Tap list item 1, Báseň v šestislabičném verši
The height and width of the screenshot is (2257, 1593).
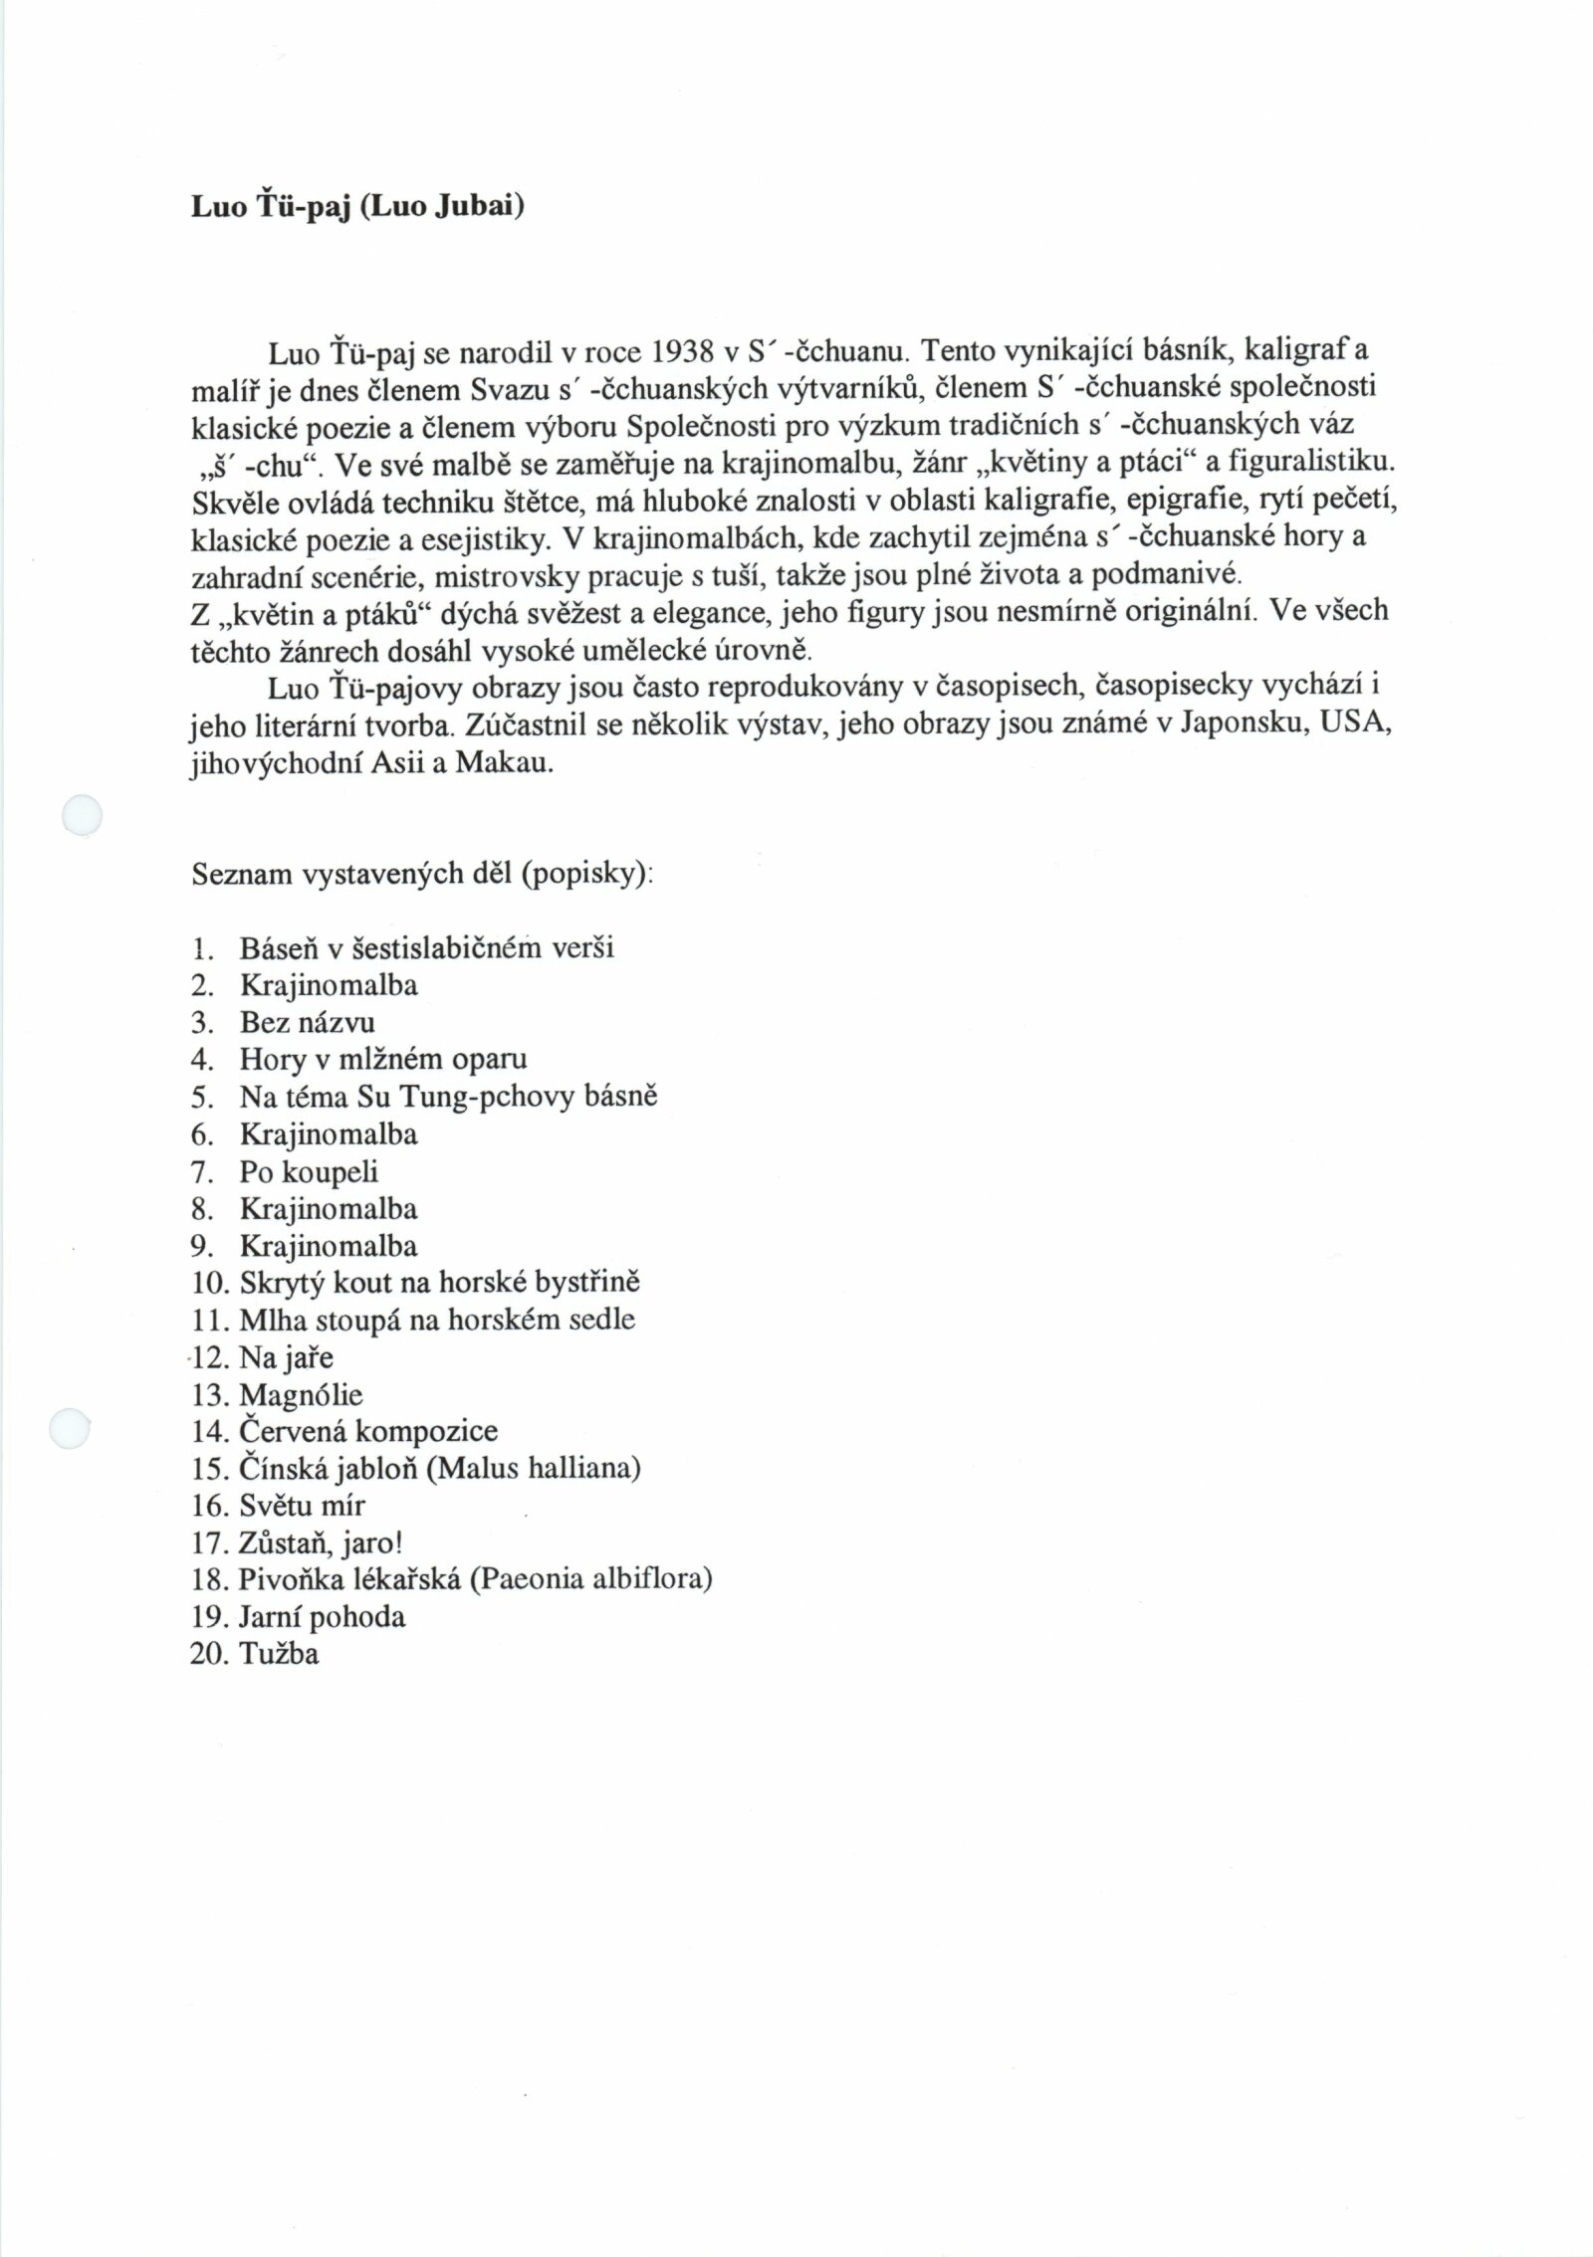[426, 947]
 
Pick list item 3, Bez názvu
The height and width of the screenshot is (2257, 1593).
[307, 1022]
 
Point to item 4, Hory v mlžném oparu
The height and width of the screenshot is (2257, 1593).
[382, 1059]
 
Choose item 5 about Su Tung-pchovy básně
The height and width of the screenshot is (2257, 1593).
[448, 1097]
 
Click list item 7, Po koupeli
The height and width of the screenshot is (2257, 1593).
[309, 1171]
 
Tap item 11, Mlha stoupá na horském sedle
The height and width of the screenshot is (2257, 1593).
[436, 1320]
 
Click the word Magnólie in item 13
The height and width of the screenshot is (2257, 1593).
[301, 1395]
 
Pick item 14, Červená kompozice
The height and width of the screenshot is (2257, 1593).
[368, 1432]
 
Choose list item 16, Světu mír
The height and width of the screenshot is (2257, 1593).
[302, 1506]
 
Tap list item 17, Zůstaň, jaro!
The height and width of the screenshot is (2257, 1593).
[321, 1543]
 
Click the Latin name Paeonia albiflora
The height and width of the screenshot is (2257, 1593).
[591, 1579]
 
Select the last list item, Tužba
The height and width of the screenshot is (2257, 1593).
[279, 1654]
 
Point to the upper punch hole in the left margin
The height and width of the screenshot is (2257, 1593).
[82, 815]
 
